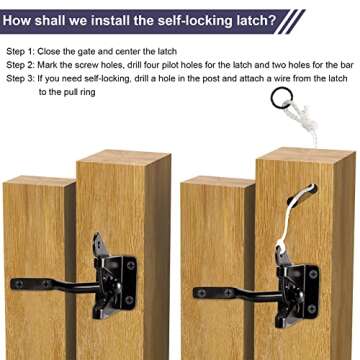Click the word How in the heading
[22, 19]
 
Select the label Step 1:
[22, 49]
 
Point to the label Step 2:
[22, 63]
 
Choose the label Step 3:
[22, 77]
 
